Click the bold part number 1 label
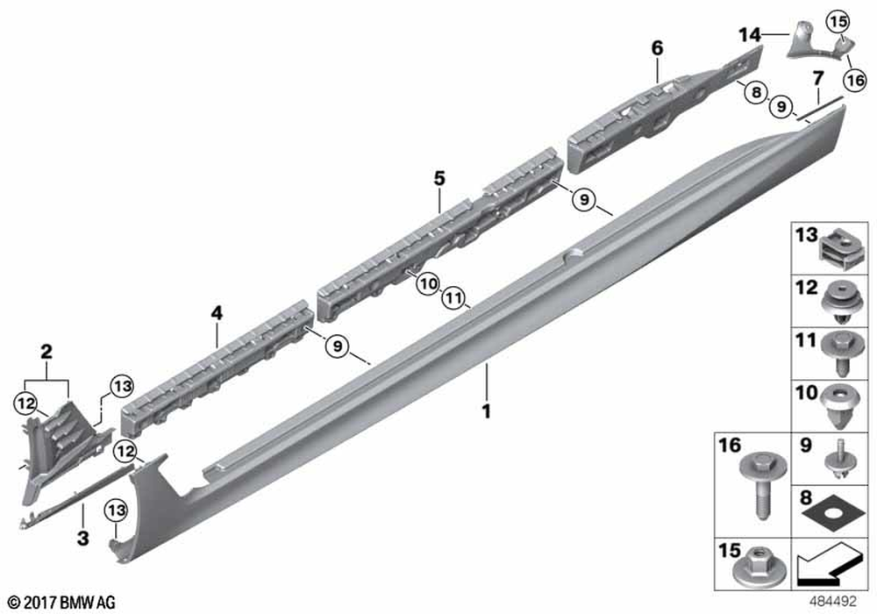click(487, 411)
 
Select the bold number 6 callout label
click(657, 48)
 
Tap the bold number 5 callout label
click(439, 178)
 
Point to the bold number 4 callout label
click(217, 313)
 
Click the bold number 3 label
click(82, 539)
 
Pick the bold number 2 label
click(46, 351)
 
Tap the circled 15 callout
click(838, 22)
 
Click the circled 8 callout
click(756, 92)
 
